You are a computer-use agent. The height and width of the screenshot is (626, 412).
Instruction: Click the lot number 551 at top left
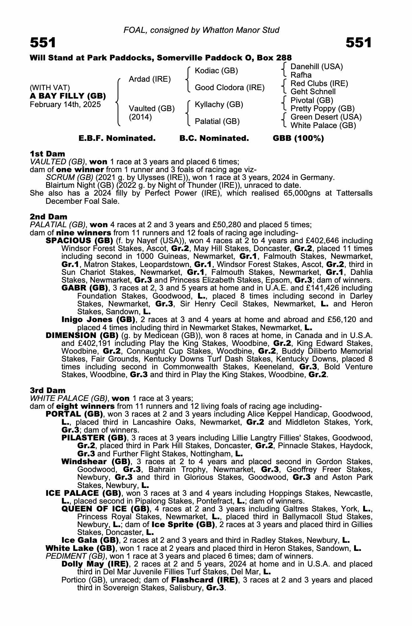click(43, 43)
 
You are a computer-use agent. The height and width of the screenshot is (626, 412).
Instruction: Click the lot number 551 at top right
click(359, 43)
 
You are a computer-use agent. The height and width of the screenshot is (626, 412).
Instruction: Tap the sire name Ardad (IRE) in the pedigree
click(150, 79)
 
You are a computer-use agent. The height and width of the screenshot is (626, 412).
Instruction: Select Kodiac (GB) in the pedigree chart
click(216, 71)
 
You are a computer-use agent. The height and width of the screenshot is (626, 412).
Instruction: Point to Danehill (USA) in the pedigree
click(316, 66)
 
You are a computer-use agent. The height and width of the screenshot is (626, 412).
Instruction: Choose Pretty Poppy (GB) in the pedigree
click(322, 109)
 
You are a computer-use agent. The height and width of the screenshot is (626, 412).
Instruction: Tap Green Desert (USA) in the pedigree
click(326, 117)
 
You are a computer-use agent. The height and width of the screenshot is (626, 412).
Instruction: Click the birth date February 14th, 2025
click(65, 105)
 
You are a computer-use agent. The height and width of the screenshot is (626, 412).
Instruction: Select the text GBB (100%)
click(298, 138)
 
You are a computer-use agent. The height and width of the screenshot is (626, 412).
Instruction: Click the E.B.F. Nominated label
click(117, 138)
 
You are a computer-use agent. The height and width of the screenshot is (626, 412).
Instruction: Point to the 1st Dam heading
click(48, 154)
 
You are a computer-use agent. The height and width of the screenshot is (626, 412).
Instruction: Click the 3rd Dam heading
click(48, 390)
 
